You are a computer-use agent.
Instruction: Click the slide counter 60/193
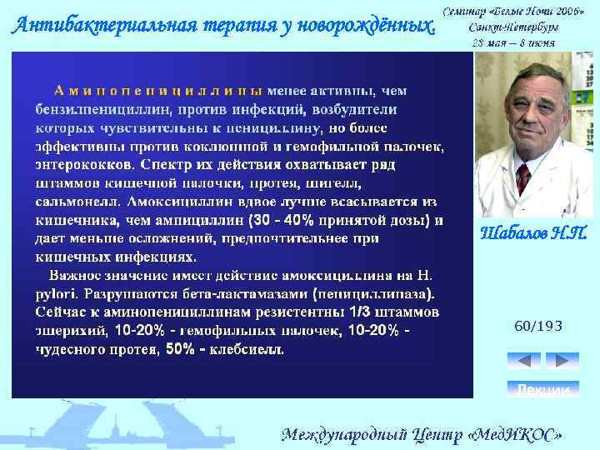tap(538, 326)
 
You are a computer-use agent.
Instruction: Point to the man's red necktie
tap(523, 178)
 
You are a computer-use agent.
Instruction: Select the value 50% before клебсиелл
tap(181, 349)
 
